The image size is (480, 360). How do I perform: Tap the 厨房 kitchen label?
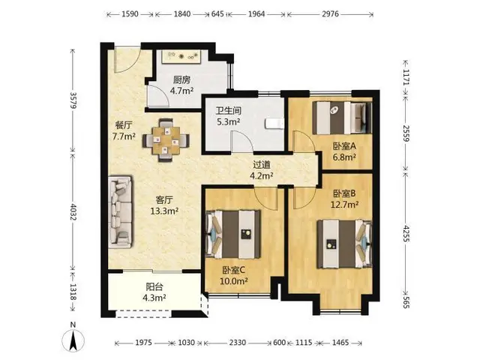pyautogui.click(x=181, y=80)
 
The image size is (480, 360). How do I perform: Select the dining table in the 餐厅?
pyautogui.click(x=166, y=140)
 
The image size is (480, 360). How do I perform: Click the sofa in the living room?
pyautogui.click(x=120, y=211)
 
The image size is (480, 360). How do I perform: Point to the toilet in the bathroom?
pyautogui.click(x=274, y=123)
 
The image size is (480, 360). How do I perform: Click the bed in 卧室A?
pyautogui.click(x=342, y=118)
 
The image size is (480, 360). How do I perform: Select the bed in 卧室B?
pyautogui.click(x=344, y=244)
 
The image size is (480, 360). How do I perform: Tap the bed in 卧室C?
pyautogui.click(x=233, y=234)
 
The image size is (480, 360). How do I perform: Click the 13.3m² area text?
pyautogui.click(x=164, y=211)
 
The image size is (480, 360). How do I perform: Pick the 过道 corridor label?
pyautogui.click(x=262, y=165)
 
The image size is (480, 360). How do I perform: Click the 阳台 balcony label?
pyautogui.click(x=154, y=286)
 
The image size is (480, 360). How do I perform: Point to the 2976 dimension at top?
pyautogui.click(x=330, y=13)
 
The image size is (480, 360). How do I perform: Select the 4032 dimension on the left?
pyautogui.click(x=73, y=211)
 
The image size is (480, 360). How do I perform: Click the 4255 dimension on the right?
pyautogui.click(x=406, y=233)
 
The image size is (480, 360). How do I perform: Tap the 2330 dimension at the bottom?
pyautogui.click(x=238, y=342)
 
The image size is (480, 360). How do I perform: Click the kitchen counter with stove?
pyautogui.click(x=181, y=56)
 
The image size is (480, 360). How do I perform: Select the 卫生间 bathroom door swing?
pyautogui.click(x=241, y=141)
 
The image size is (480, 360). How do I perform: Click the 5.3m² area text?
pyautogui.click(x=228, y=121)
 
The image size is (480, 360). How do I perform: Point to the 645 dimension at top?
pyautogui.click(x=217, y=13)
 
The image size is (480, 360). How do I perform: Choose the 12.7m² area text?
pyautogui.click(x=344, y=204)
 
